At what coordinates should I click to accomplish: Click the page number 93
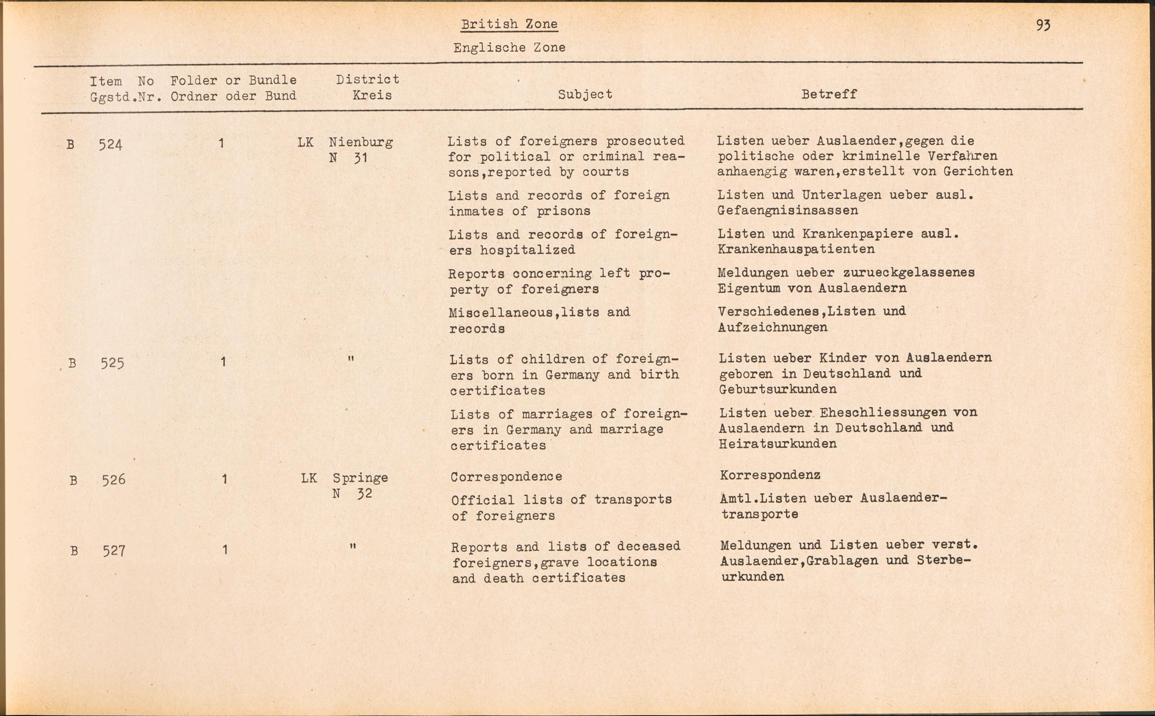click(1043, 25)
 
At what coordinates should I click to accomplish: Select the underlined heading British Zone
click(509, 24)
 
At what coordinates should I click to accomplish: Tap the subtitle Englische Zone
click(509, 48)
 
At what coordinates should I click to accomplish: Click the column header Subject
click(584, 94)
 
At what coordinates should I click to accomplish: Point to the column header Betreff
click(829, 94)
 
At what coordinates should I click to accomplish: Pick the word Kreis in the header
click(372, 95)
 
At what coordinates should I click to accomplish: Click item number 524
click(110, 144)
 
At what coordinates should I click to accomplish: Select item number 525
click(112, 363)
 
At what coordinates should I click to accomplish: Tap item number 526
click(113, 480)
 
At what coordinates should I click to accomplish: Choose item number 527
click(114, 551)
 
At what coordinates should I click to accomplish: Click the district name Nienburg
click(361, 142)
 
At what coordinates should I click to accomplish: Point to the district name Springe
click(360, 478)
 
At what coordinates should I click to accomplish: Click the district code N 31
click(348, 158)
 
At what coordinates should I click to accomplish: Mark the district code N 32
click(352, 494)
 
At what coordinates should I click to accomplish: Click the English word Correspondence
click(506, 477)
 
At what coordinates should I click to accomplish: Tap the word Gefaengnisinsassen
click(788, 211)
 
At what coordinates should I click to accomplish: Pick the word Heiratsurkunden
click(777, 444)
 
